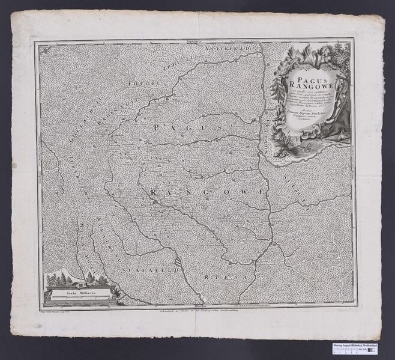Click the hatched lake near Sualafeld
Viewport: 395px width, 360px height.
pos(178,261)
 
